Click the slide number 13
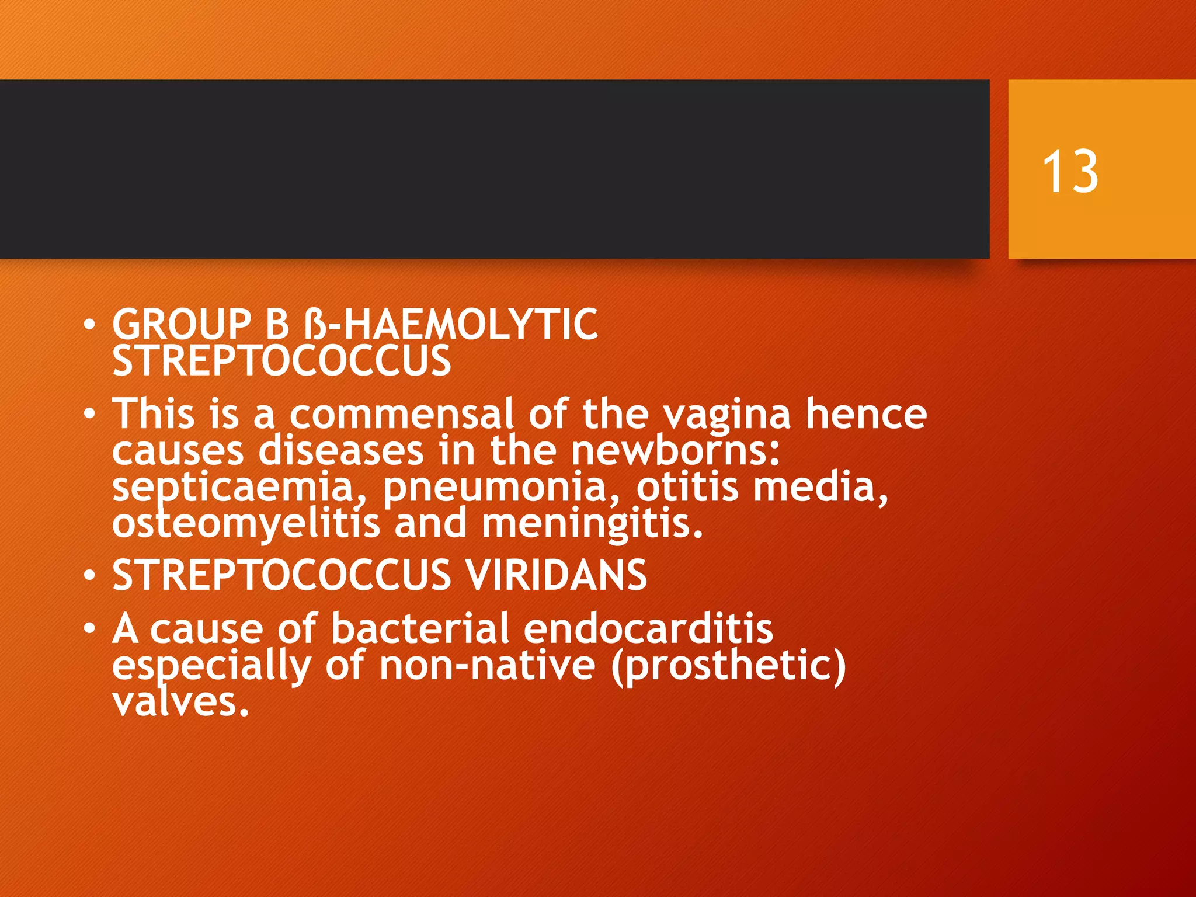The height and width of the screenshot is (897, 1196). click(1070, 171)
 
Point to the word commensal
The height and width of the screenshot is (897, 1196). click(401, 413)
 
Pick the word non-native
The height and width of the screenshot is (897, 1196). click(487, 666)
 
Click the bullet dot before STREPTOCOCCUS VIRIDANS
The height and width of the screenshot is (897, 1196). click(89, 576)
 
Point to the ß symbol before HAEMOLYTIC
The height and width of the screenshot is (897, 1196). click(316, 325)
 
